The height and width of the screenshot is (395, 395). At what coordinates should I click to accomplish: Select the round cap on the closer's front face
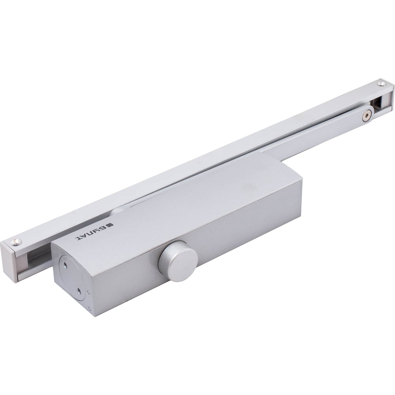(x=178, y=261)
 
